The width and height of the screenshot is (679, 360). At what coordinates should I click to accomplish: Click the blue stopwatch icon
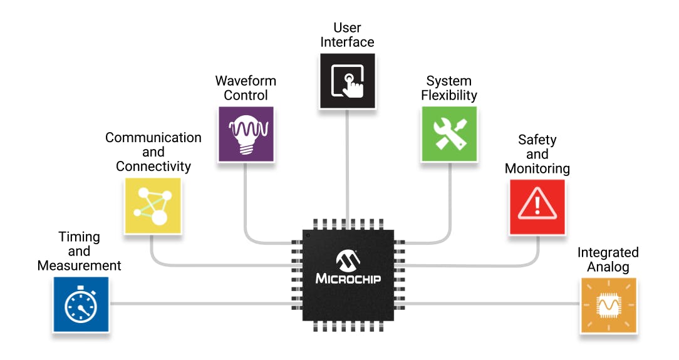(81, 305)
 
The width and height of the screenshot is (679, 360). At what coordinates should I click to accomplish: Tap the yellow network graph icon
(153, 206)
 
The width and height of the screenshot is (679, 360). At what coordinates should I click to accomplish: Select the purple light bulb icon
(246, 133)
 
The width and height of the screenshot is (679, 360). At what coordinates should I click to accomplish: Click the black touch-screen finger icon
(347, 81)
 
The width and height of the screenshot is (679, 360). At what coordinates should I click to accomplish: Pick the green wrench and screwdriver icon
(449, 133)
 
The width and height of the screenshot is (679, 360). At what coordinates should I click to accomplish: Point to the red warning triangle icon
(537, 207)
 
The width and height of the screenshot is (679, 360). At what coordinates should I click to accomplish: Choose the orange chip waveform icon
(608, 305)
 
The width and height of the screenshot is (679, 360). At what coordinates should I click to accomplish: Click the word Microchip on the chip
(348, 278)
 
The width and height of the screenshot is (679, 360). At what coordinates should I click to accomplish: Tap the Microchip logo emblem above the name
(348, 259)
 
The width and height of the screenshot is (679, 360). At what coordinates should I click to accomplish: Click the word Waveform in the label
(246, 81)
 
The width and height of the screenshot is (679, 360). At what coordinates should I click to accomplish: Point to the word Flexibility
(449, 95)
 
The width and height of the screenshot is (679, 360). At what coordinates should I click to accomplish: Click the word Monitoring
(537, 168)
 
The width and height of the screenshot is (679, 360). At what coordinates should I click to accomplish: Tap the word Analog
(608, 267)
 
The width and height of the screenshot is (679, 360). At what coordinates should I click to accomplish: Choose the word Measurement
(80, 265)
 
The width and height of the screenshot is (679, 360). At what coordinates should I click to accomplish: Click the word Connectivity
(153, 167)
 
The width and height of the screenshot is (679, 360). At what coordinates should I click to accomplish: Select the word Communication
(153, 138)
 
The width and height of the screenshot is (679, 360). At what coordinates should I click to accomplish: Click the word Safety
(537, 140)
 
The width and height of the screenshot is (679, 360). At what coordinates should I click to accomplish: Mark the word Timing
(80, 237)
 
